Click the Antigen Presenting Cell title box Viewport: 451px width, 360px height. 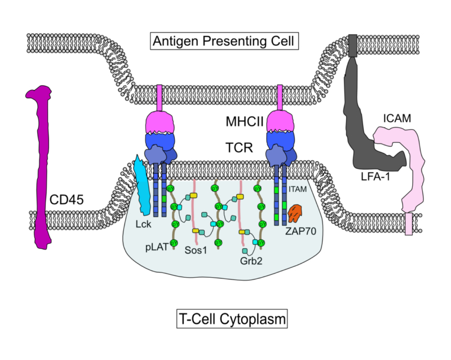click(x=224, y=41)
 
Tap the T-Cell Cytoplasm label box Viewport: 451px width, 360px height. click(x=229, y=319)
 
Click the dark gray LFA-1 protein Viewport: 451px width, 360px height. click(x=366, y=124)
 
